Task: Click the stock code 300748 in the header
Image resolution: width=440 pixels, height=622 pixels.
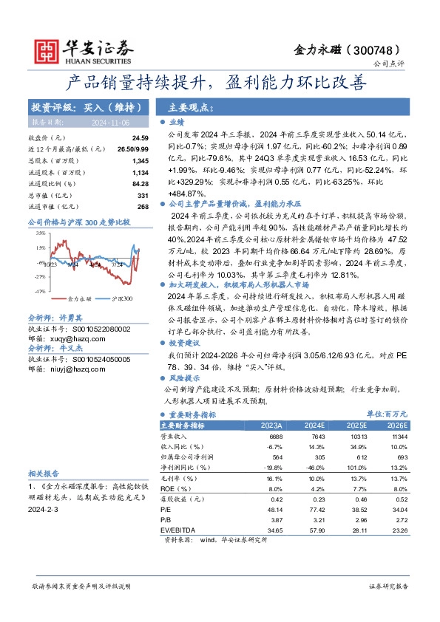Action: point(379,49)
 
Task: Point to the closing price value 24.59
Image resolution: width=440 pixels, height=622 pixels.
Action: point(140,138)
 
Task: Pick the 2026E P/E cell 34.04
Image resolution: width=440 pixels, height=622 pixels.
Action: point(398,509)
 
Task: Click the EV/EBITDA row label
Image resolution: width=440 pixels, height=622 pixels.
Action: point(177,530)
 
